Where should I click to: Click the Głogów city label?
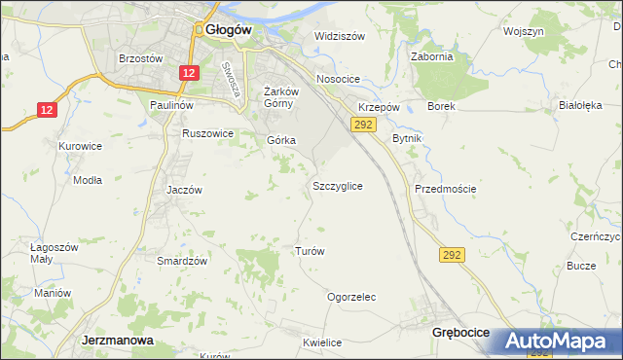229,30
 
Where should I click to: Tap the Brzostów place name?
139,58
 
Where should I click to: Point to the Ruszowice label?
208,133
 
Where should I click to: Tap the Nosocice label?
339,79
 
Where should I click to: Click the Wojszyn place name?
523,31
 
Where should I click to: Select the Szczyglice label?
338,185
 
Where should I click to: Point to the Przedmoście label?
445,189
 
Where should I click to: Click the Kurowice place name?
80,146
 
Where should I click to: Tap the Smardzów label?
183,261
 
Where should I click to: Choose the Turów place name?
309,251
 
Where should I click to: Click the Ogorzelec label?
351,297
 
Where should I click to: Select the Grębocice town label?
459,333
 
